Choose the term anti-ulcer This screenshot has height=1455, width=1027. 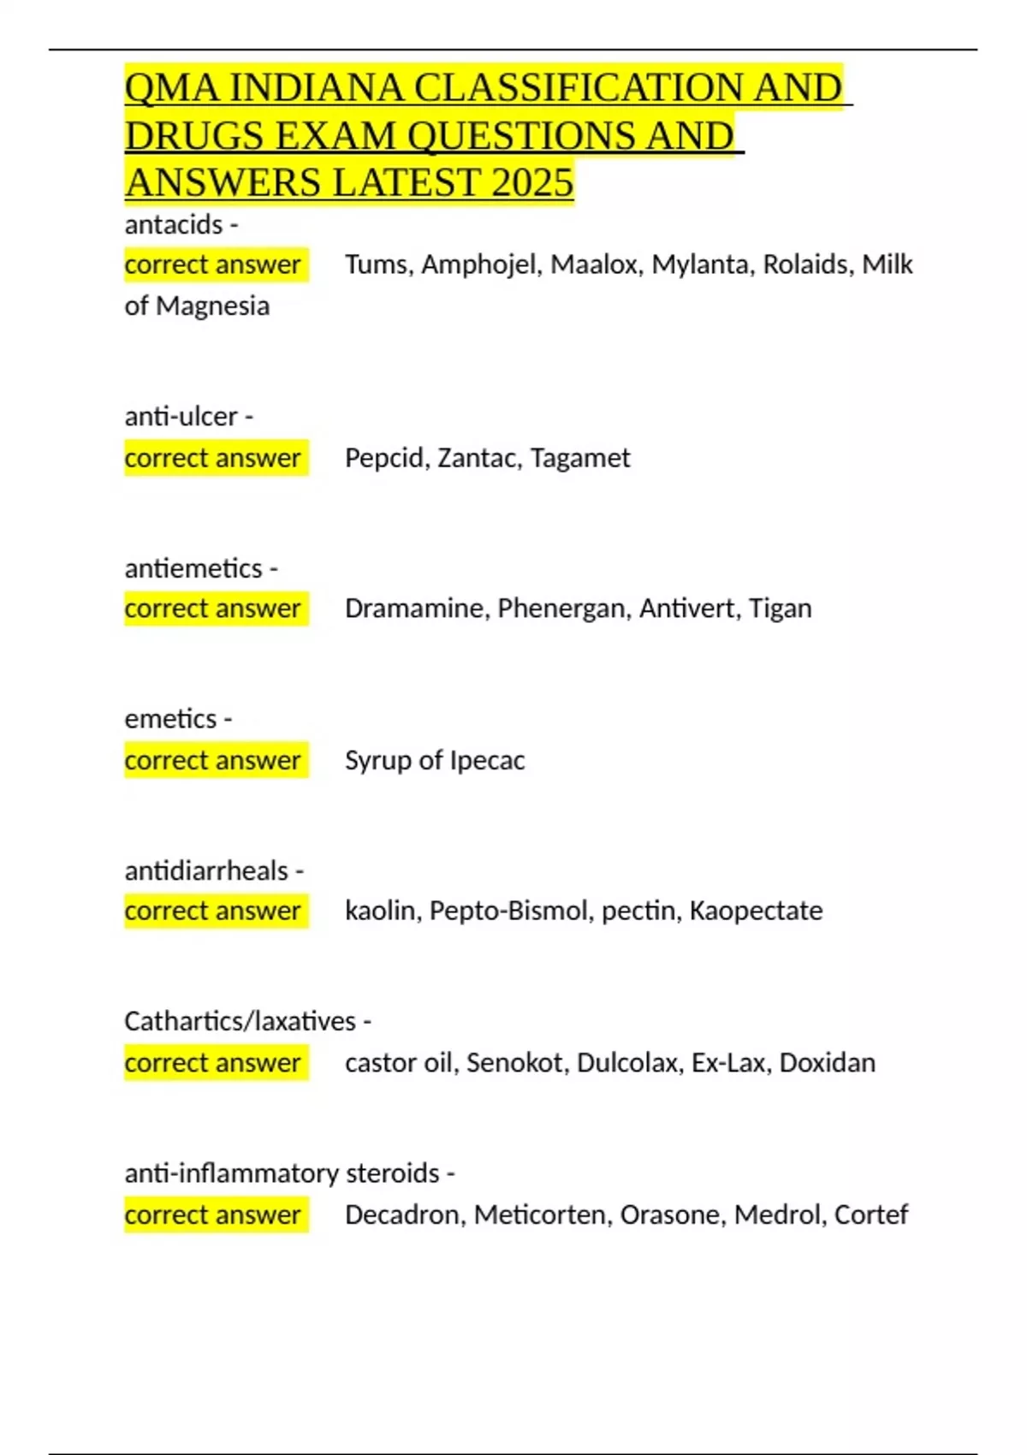(181, 417)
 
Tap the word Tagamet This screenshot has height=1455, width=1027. (579, 458)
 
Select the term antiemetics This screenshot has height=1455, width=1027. (193, 568)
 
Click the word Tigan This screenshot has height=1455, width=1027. (780, 609)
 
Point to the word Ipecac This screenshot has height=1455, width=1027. (487, 760)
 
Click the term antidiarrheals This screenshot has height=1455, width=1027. (206, 870)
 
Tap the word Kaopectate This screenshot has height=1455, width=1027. (756, 911)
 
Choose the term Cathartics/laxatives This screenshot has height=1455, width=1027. (240, 1021)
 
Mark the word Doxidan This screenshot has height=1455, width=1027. (827, 1063)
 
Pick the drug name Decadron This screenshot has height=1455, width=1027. (401, 1214)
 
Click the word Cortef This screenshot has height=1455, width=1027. (870, 1214)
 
